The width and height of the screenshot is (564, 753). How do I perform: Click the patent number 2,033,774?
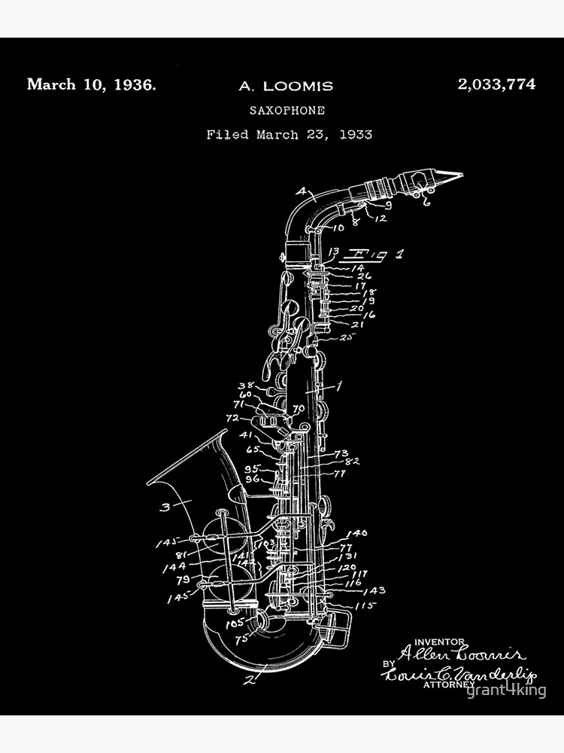(x=496, y=84)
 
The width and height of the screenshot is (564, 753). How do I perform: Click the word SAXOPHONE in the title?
(x=287, y=110)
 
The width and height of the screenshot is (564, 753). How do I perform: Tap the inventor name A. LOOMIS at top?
(x=286, y=86)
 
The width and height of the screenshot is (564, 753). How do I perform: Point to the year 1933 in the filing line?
(x=356, y=135)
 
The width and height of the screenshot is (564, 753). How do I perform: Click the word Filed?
(x=228, y=135)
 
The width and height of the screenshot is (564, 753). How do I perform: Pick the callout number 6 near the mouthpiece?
(x=426, y=201)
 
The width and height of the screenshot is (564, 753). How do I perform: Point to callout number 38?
(x=245, y=386)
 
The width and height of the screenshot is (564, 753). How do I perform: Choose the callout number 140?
(x=356, y=533)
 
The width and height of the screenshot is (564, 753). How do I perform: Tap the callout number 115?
(x=365, y=605)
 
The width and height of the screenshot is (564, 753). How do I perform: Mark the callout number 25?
(x=345, y=337)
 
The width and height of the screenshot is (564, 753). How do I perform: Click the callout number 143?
(x=374, y=590)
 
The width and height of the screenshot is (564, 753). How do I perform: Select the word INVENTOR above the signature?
(x=435, y=641)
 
